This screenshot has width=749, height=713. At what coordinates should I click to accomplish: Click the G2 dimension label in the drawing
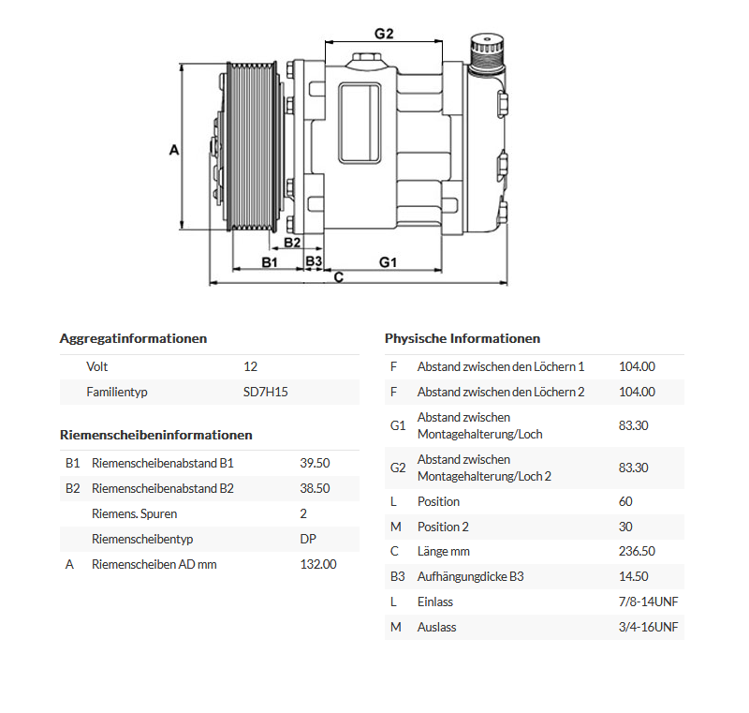coord(384,34)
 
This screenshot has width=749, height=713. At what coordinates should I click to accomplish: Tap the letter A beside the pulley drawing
coord(173,149)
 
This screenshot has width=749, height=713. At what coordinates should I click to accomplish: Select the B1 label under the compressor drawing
coord(270,262)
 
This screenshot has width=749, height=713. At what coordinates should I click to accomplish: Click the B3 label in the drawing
coord(314,261)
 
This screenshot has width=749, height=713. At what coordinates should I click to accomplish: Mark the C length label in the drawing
coord(339,277)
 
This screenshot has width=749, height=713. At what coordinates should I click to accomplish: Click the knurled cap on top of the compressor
coord(488,44)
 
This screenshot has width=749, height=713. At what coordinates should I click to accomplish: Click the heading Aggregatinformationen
coord(133,338)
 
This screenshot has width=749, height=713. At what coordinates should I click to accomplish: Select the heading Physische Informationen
coord(463,338)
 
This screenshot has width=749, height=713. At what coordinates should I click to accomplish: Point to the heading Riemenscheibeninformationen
coord(155,435)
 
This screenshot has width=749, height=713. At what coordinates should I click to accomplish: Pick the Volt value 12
coord(250,366)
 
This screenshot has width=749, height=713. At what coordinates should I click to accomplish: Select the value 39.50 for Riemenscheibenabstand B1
coord(315,463)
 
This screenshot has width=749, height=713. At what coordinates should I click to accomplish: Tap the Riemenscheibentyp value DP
coord(308,539)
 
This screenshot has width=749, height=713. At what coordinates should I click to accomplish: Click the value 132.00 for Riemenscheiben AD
coord(317,564)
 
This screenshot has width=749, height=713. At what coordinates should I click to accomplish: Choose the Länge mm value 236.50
coord(637,551)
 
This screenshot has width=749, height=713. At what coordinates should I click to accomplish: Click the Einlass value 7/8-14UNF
coord(648,602)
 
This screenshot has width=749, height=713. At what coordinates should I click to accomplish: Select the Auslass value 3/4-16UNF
coord(648,627)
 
